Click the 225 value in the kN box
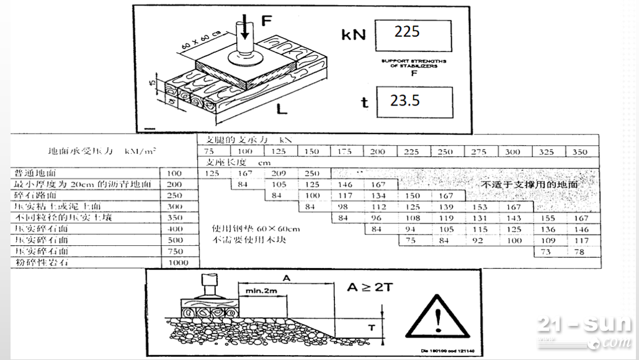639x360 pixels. click(x=407, y=32)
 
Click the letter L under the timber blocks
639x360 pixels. click(x=281, y=110)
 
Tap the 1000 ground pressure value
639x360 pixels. click(x=178, y=263)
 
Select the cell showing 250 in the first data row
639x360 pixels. click(x=313, y=173)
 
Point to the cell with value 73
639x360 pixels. click(x=547, y=251)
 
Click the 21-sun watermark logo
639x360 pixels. click(x=584, y=331)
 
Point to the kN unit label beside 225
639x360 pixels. click(x=354, y=34)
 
